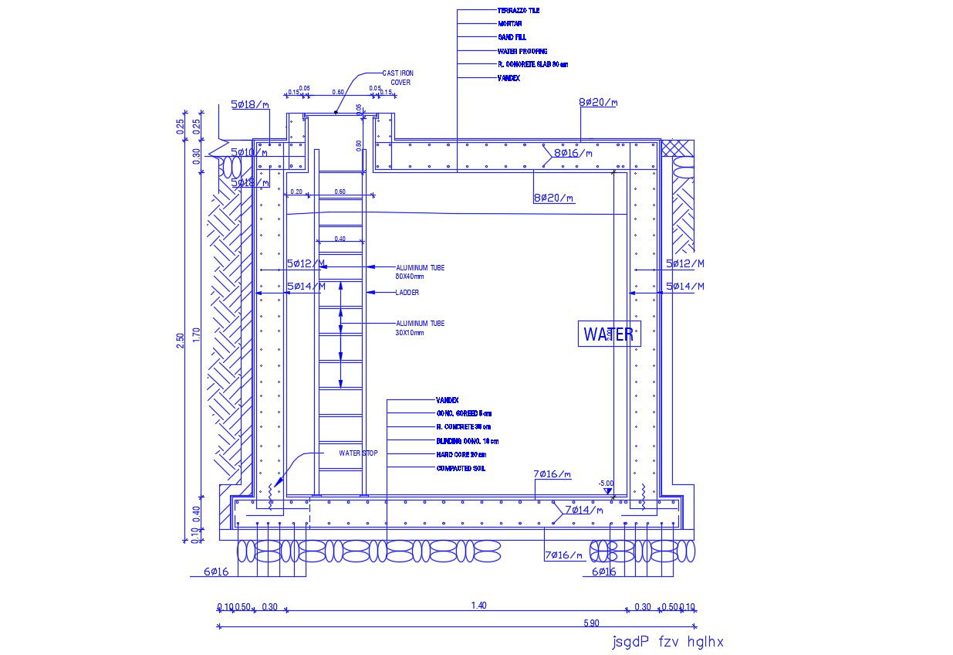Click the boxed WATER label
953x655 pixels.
click(609, 334)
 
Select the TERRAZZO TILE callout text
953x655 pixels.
click(519, 11)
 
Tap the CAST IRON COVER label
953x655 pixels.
click(398, 77)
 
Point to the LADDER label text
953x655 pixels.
click(407, 293)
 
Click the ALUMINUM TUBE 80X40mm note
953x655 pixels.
click(420, 272)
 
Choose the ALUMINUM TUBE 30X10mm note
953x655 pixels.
click(420, 327)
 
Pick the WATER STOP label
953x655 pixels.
click(358, 453)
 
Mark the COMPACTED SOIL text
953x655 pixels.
click(461, 469)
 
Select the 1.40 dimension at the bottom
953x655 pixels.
click(478, 606)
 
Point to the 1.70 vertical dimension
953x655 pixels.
click(197, 334)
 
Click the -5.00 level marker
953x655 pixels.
click(606, 484)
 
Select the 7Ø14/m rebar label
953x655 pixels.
click(583, 510)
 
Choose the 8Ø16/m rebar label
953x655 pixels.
click(573, 153)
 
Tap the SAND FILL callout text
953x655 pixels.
click(512, 37)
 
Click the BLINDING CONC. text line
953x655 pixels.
click(467, 441)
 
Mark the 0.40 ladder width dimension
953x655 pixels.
click(340, 239)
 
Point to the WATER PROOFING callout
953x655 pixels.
click(522, 51)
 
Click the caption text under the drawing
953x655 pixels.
click(667, 642)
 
